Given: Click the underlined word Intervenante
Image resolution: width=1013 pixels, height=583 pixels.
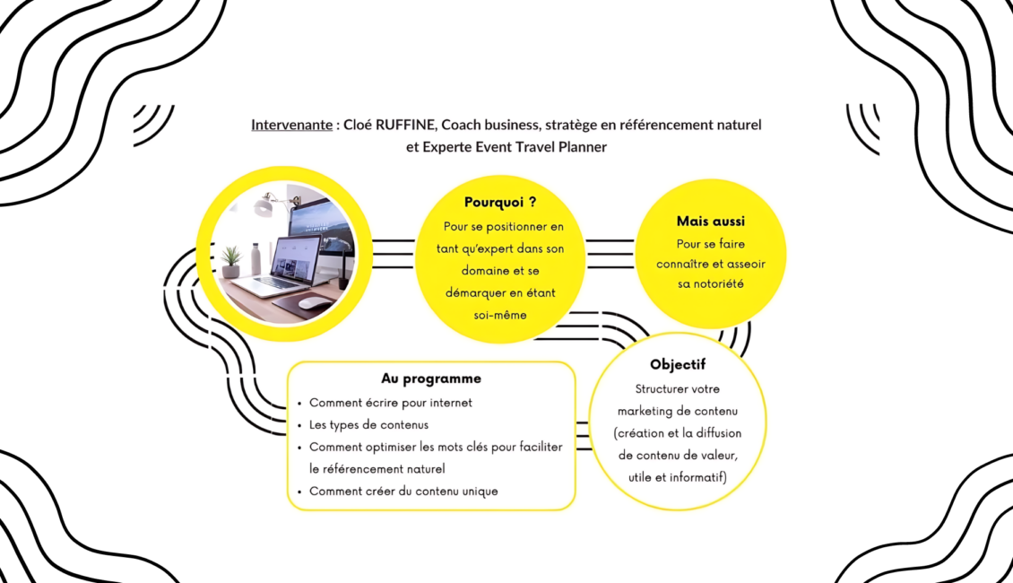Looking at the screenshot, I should click(x=291, y=125).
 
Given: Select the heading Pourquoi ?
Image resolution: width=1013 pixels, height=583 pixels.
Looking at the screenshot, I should click(x=500, y=203).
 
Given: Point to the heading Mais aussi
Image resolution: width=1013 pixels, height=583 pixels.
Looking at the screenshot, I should click(x=710, y=221).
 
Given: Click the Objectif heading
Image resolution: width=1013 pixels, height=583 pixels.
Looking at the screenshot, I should click(x=678, y=365).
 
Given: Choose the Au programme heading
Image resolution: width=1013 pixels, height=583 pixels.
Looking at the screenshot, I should click(x=430, y=379).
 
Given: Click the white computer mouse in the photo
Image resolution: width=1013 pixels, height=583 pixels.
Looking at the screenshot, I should click(x=314, y=303).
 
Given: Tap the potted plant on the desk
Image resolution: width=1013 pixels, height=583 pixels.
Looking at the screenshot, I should click(x=231, y=262).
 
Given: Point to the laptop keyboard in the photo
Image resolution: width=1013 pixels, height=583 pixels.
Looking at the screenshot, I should click(x=280, y=283).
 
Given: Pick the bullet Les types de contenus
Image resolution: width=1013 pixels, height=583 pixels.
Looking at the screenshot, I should click(x=368, y=424).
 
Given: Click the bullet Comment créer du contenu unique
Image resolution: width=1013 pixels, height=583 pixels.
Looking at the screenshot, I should click(x=403, y=491).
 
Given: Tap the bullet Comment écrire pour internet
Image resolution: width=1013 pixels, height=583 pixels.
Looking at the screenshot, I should click(x=391, y=403).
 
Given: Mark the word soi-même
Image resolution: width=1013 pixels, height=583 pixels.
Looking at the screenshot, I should click(x=500, y=315).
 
